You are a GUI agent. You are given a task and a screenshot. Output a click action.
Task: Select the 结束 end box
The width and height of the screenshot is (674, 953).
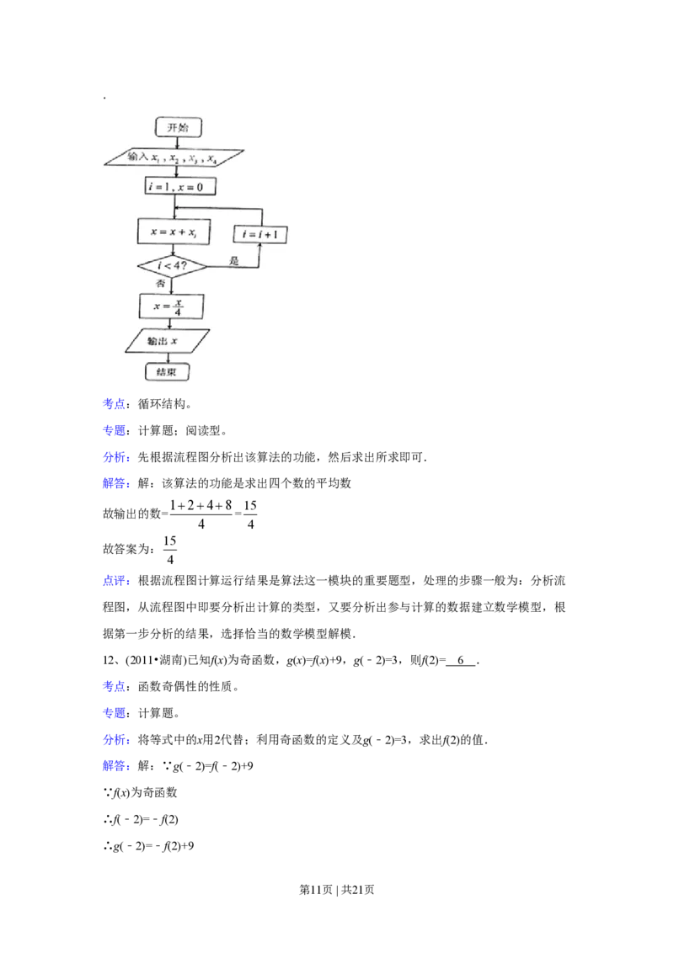pyautogui.click(x=167, y=371)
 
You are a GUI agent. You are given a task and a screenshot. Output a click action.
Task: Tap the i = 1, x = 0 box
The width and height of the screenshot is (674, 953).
pyautogui.click(x=179, y=187)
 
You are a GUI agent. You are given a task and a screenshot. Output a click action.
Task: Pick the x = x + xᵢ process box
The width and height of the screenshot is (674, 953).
pyautogui.click(x=173, y=231)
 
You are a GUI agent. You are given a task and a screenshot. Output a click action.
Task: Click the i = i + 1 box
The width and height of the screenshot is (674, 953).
pyautogui.click(x=259, y=234)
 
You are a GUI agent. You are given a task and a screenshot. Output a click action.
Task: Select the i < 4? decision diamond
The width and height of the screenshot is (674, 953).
pyautogui.click(x=171, y=266)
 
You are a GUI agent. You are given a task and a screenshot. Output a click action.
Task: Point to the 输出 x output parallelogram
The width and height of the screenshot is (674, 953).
pyautogui.click(x=167, y=340)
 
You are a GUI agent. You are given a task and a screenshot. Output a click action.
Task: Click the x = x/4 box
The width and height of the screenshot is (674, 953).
pyautogui.click(x=172, y=306)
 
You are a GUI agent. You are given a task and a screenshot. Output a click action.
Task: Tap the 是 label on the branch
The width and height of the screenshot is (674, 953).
pyautogui.click(x=234, y=262)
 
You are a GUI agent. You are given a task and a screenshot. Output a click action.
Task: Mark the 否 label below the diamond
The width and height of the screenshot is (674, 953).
pyautogui.click(x=161, y=285)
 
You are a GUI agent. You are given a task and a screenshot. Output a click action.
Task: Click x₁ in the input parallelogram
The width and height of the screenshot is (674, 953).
pyautogui.click(x=157, y=157)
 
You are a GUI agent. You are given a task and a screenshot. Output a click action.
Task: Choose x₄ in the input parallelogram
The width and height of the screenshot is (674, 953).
pyautogui.click(x=212, y=158)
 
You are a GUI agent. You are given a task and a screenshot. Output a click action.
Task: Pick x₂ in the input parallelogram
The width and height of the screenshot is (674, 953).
pyautogui.click(x=174, y=157)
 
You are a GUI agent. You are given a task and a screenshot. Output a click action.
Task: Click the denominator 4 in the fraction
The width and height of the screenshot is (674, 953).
pyautogui.click(x=178, y=312)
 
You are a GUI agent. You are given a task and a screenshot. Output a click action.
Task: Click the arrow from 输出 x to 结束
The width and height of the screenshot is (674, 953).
pyautogui.click(x=168, y=358)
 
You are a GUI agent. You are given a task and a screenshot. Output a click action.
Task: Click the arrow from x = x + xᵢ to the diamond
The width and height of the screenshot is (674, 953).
pyautogui.click(x=173, y=249)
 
